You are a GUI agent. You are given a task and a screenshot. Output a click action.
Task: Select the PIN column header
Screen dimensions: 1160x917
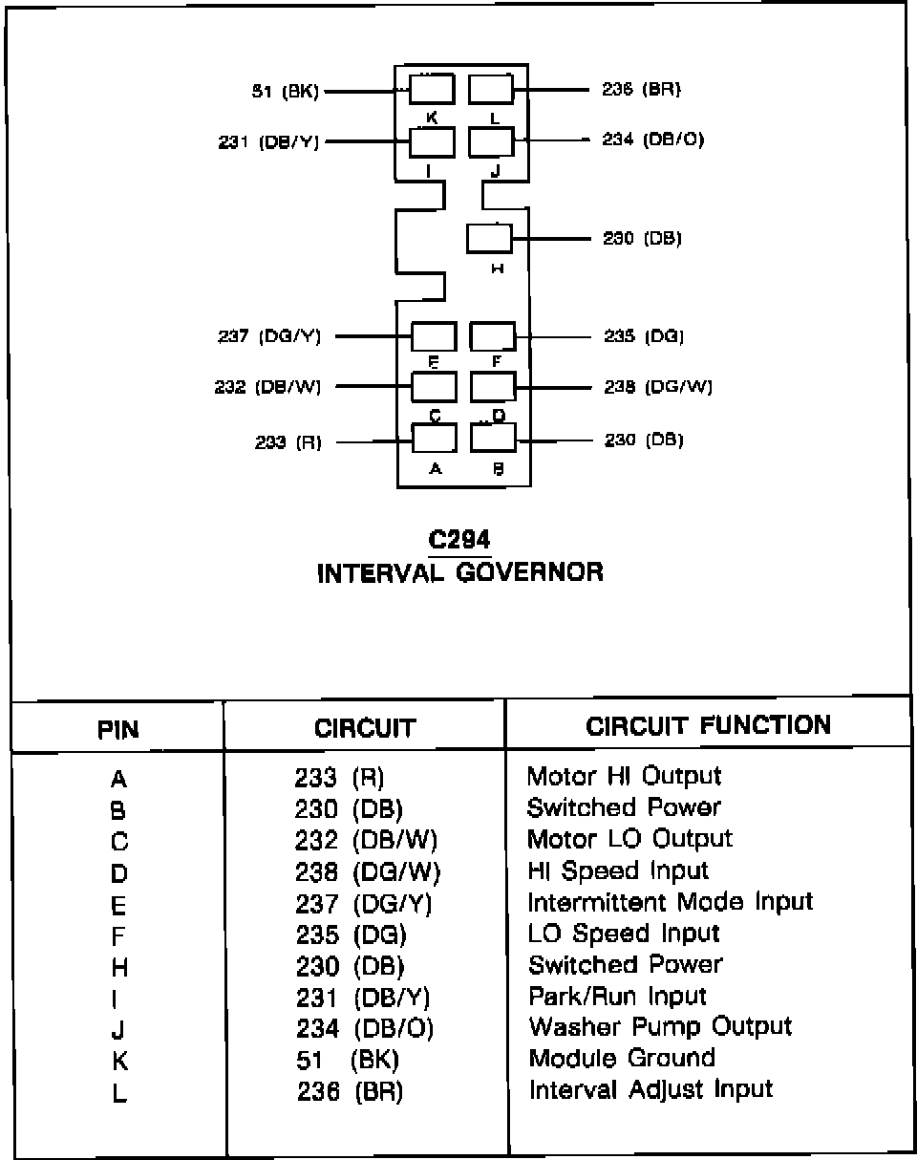point(118,730)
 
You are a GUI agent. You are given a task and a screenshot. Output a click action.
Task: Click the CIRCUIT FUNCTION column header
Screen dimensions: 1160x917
point(708,725)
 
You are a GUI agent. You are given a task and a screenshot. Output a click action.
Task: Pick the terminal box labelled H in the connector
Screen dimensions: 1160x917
point(489,238)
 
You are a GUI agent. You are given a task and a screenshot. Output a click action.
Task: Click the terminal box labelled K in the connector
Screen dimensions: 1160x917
point(432,90)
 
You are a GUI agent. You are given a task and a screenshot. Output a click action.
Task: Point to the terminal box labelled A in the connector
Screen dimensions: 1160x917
point(434,438)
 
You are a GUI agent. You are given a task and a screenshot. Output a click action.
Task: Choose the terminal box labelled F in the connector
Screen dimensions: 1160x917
point(493,336)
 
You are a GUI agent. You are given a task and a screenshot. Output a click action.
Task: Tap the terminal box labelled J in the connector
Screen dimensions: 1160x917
point(492,140)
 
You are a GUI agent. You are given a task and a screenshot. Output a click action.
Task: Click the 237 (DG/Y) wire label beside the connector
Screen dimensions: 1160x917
point(269,336)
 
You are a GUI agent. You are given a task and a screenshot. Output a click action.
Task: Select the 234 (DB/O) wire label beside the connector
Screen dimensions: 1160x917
point(653,140)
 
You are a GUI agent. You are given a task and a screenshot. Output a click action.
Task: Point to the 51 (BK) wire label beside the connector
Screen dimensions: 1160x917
point(284,92)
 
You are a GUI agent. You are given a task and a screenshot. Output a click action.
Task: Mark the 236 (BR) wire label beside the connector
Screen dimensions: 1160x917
point(641,90)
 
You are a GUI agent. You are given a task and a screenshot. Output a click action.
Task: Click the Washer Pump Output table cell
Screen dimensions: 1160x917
point(660,1027)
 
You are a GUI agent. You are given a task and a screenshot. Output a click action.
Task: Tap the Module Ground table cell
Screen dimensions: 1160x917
point(622,1059)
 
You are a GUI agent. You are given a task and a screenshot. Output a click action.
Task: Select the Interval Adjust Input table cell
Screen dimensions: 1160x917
point(650,1089)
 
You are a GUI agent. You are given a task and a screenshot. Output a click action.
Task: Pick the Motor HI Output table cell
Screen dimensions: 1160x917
point(625,776)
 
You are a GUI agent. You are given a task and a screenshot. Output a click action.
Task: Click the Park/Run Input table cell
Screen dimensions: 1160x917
point(617,996)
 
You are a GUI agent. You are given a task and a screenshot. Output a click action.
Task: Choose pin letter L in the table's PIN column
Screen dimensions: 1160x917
point(118,1094)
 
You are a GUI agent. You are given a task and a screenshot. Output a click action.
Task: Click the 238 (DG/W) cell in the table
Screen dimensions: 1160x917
point(368,871)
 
